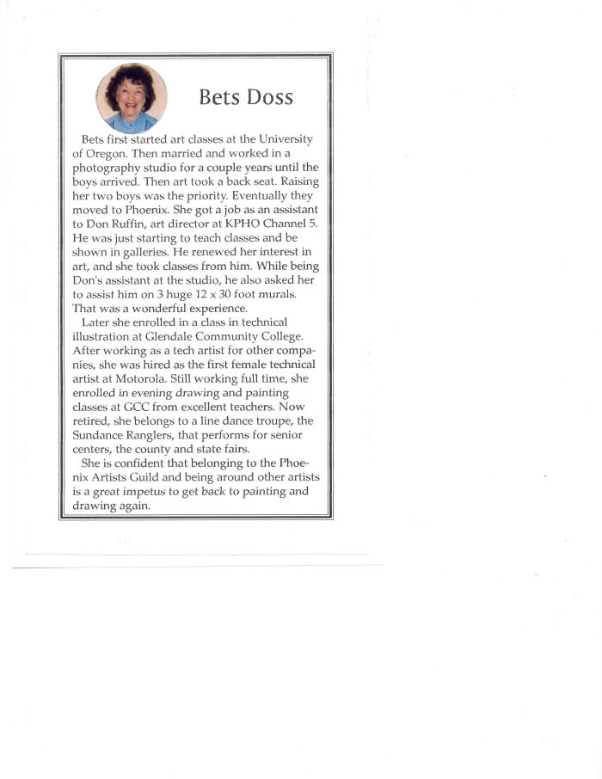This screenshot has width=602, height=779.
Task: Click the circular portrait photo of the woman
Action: [132, 97]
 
